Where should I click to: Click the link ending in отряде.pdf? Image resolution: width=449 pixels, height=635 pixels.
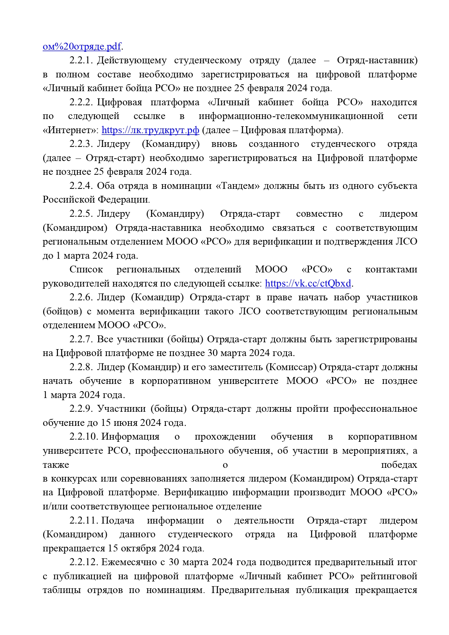82,46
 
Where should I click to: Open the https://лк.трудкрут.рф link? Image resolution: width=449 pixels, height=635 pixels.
150,130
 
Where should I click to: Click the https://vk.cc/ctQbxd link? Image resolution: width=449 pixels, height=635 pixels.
308,283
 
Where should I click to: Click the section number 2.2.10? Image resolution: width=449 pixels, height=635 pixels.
84,436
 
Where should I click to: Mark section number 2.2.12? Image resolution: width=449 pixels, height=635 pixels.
84,562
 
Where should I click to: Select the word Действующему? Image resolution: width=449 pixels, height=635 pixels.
132,60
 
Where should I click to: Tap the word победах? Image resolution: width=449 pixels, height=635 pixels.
399,465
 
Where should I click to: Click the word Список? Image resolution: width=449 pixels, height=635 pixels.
86,270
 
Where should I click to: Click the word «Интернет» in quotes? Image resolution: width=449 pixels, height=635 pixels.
70,130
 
